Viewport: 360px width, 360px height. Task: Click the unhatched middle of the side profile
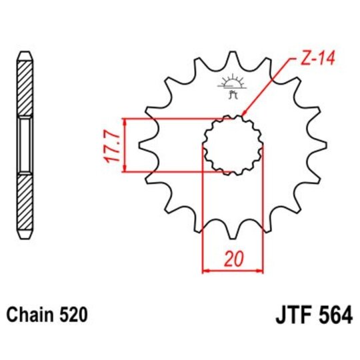(24, 144)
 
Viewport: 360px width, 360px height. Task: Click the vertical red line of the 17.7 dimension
(124, 145)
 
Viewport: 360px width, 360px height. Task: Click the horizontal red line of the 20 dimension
(233, 271)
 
